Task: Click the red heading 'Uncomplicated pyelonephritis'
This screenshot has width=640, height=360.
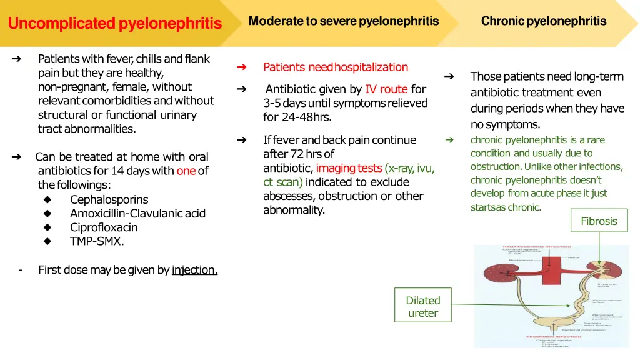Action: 114,24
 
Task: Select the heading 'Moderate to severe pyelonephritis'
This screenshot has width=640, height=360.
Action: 344,21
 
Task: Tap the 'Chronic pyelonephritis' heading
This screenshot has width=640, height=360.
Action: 543,21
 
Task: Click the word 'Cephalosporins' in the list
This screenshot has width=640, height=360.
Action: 109,199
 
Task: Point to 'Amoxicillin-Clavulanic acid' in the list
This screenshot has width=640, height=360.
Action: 137,213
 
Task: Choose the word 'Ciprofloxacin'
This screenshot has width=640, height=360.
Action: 104,227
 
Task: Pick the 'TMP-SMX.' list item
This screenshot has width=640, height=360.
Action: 97,241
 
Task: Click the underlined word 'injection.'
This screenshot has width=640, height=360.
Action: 194,270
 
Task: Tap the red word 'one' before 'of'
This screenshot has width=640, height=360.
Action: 186,171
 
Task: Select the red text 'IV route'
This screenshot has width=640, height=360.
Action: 386,89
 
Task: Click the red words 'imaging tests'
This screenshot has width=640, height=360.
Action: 349,168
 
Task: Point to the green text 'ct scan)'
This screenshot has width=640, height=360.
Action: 283,182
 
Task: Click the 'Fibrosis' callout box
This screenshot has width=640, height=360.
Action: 599,221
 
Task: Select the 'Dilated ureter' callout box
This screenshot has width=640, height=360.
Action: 422,307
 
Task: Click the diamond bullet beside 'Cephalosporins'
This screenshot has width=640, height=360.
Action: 47,200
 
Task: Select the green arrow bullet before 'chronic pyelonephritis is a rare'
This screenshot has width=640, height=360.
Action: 449,139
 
